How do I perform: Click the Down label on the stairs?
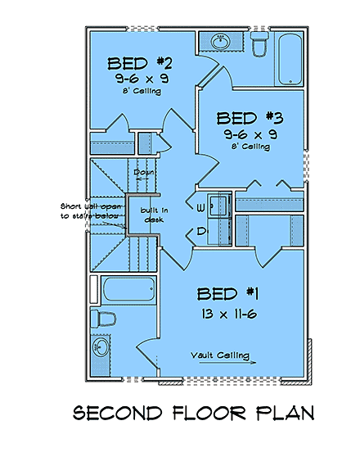(145, 173)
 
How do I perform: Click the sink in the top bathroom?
(220, 40)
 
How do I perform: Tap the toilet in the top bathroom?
(259, 44)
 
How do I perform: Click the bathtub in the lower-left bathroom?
(129, 289)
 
